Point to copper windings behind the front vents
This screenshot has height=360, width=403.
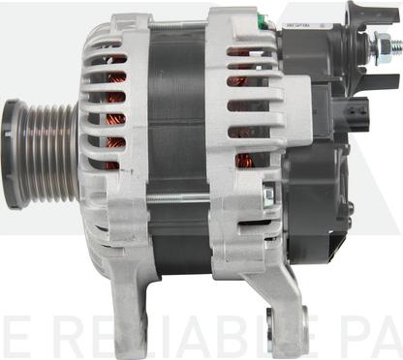tap(116, 97)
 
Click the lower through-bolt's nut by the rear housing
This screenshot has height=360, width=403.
tap(267, 197)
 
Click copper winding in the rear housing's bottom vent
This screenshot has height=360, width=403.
tap(242, 160)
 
